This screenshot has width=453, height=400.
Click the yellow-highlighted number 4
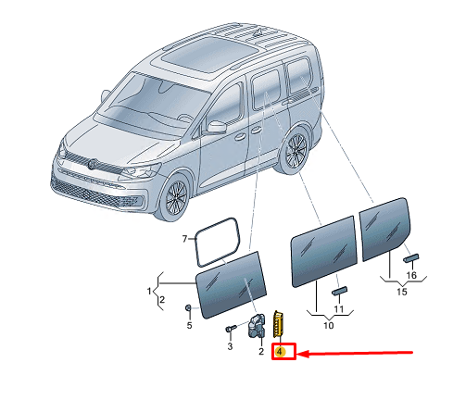pos(280,351)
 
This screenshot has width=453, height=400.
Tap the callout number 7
pos(184,239)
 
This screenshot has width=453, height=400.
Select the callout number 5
pos(189,325)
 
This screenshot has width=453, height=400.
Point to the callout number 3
pos(230,346)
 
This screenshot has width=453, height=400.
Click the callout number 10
pos(329,325)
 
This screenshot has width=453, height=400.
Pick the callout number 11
pos(339,308)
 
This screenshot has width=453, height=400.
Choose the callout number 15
pos(402,292)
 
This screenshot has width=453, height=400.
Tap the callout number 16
pos(411,275)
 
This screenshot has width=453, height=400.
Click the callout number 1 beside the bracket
pos(149,291)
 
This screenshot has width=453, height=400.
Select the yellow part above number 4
pos(279,324)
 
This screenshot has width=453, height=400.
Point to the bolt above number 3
pos(231,328)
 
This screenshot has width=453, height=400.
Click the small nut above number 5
pos(188,307)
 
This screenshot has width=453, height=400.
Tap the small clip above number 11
pos(339,291)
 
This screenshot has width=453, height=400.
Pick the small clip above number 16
pos(411,257)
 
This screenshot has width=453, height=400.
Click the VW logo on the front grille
pos(93,164)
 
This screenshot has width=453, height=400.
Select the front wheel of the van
pos(176,196)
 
